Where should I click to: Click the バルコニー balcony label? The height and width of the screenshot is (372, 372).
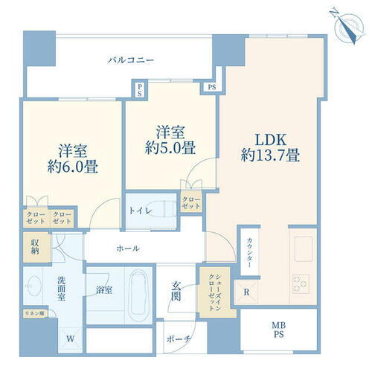[x=130, y=60]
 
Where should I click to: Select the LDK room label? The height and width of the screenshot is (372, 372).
[x=270, y=139]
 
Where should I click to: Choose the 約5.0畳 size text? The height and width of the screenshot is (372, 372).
[x=170, y=148]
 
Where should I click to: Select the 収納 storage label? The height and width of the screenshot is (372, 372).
[x=36, y=248]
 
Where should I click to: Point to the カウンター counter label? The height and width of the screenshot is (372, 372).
[x=249, y=255]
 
